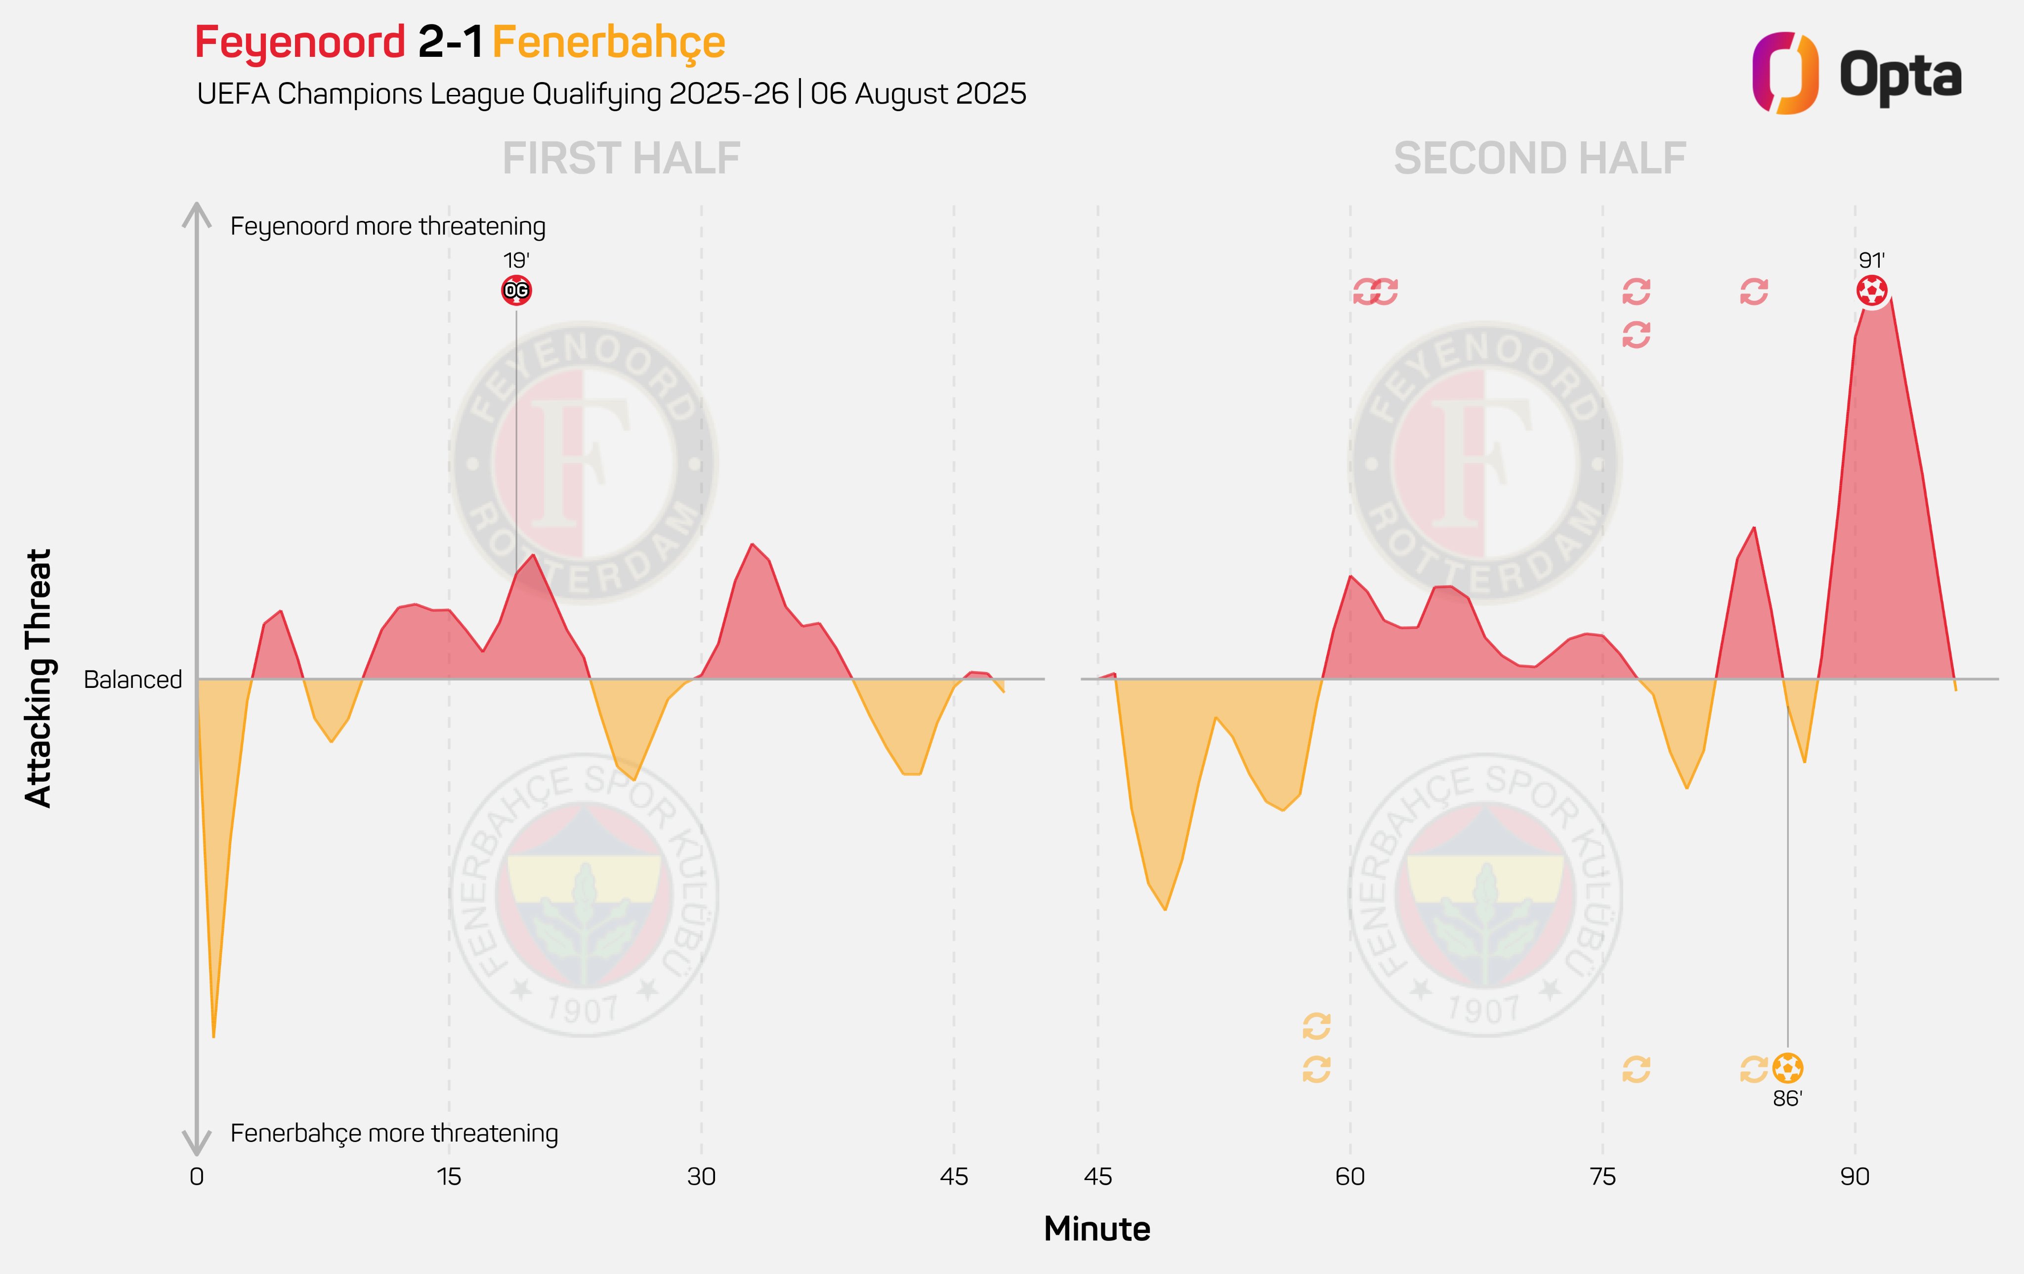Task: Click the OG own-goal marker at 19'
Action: click(516, 291)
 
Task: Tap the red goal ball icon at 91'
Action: click(1872, 291)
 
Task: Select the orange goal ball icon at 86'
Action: click(1787, 1068)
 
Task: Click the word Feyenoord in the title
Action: click(300, 42)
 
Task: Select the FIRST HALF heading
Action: click(621, 159)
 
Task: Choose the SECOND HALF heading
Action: click(1540, 159)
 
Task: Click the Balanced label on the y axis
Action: click(133, 679)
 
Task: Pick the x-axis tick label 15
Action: click(449, 1177)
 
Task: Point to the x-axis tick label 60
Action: click(1350, 1177)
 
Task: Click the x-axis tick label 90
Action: click(1854, 1177)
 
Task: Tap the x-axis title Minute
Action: click(1097, 1229)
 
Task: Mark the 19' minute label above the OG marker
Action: click(516, 260)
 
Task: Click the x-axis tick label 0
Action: click(197, 1177)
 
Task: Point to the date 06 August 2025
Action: click(918, 93)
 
